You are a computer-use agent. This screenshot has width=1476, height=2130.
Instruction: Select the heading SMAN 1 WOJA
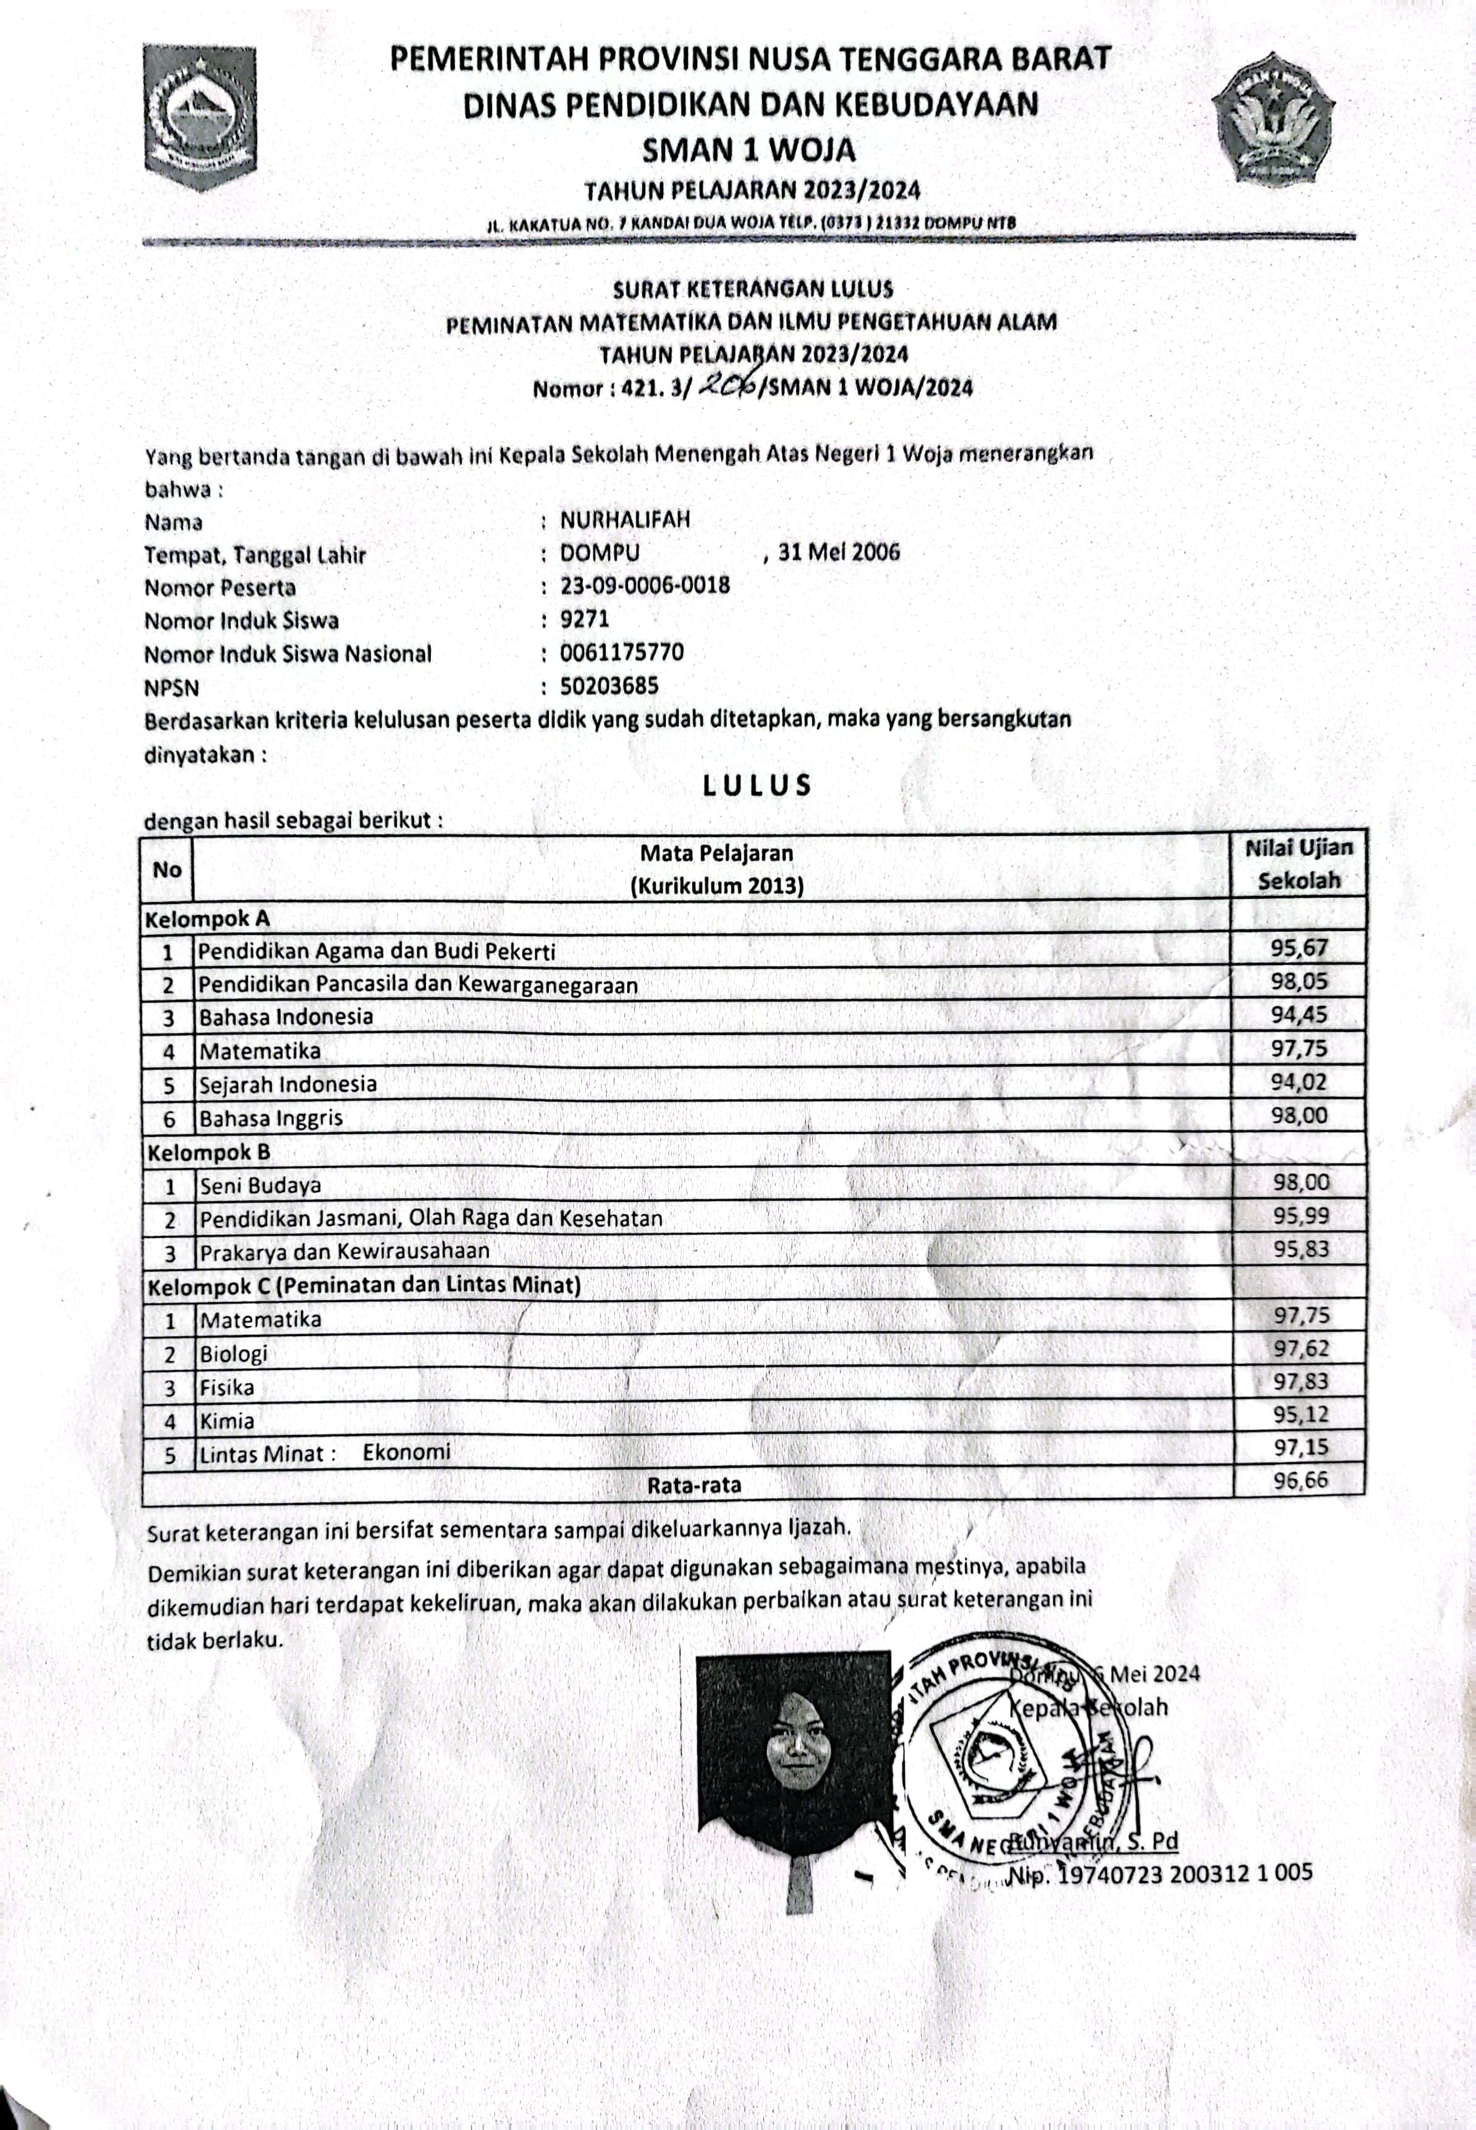[749, 149]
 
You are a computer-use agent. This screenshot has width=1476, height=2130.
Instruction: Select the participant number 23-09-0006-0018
[645, 586]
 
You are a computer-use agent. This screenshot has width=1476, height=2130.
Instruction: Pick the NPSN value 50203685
[609, 685]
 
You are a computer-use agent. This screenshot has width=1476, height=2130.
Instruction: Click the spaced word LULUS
[757, 785]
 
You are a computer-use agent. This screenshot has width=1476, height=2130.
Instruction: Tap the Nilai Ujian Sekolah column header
[1299, 864]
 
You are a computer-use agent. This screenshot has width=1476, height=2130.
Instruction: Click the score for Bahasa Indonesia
[1299, 1015]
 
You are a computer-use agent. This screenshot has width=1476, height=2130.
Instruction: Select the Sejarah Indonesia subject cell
[287, 1083]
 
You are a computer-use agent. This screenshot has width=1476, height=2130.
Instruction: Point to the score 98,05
[1299, 981]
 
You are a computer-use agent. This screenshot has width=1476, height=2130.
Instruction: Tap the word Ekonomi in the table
[406, 1451]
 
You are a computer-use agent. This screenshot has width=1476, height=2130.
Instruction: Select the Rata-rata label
[693, 1485]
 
